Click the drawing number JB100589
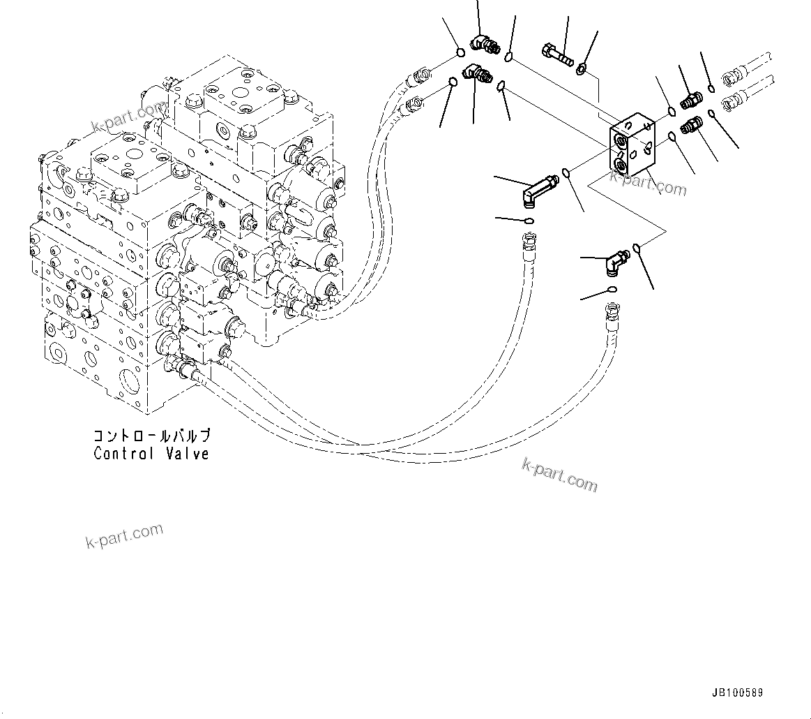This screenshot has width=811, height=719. point(737,693)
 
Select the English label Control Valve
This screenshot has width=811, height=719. point(151,454)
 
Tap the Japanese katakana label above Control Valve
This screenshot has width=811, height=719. point(151,436)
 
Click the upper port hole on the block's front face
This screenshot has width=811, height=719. point(619,142)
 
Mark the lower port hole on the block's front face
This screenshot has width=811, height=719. point(619,164)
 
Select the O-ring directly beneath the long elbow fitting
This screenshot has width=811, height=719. point(529,221)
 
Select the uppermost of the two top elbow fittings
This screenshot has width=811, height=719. point(484,45)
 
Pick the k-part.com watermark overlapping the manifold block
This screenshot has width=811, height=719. point(648,184)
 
